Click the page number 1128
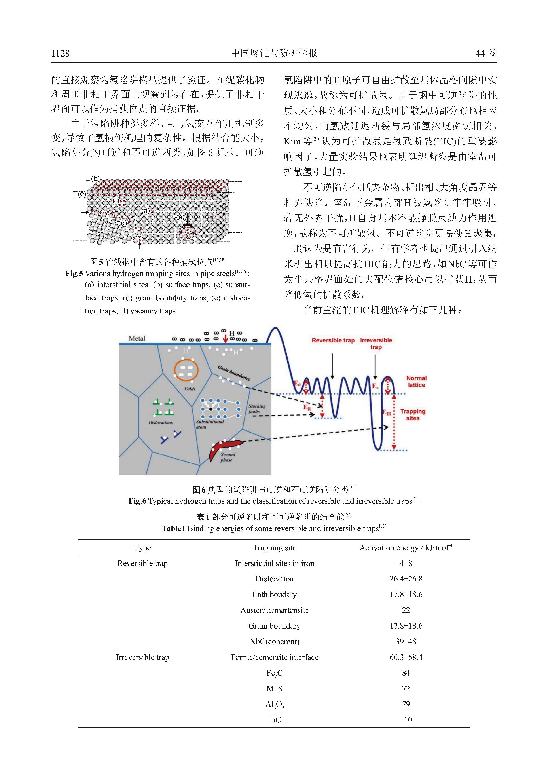pyautogui.click(x=60, y=53)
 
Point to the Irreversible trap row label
pyautogui.click(x=142, y=657)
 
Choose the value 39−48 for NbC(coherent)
pyautogui.click(x=406, y=641)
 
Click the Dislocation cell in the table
pyautogui.click(x=274, y=579)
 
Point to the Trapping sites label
pyautogui.click(x=413, y=414)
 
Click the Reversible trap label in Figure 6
pyautogui.click(x=333, y=340)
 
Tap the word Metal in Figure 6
pyautogui.click(x=137, y=338)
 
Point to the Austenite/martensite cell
pyautogui.click(x=274, y=610)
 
